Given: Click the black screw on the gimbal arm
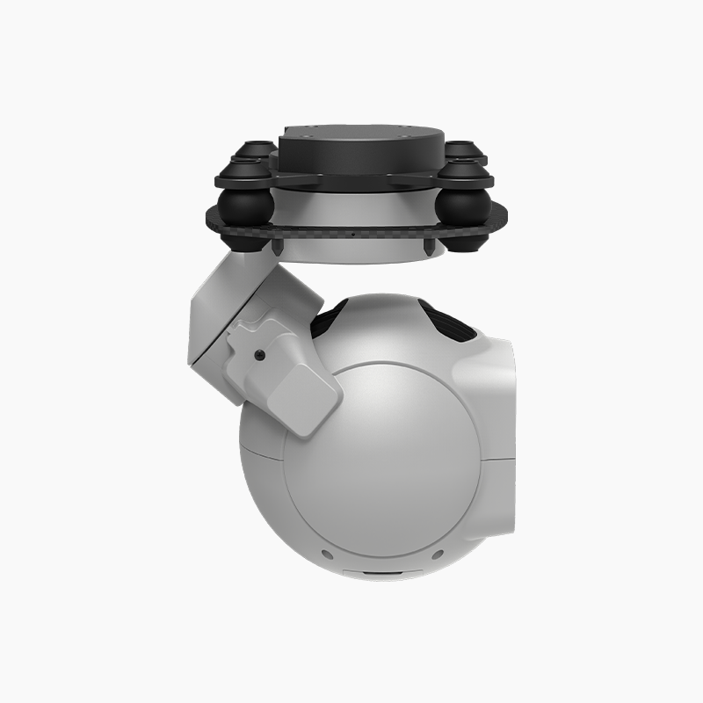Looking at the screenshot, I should [260, 355].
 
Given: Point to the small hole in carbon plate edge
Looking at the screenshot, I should [351, 236].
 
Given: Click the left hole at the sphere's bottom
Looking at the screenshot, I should [326, 554].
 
